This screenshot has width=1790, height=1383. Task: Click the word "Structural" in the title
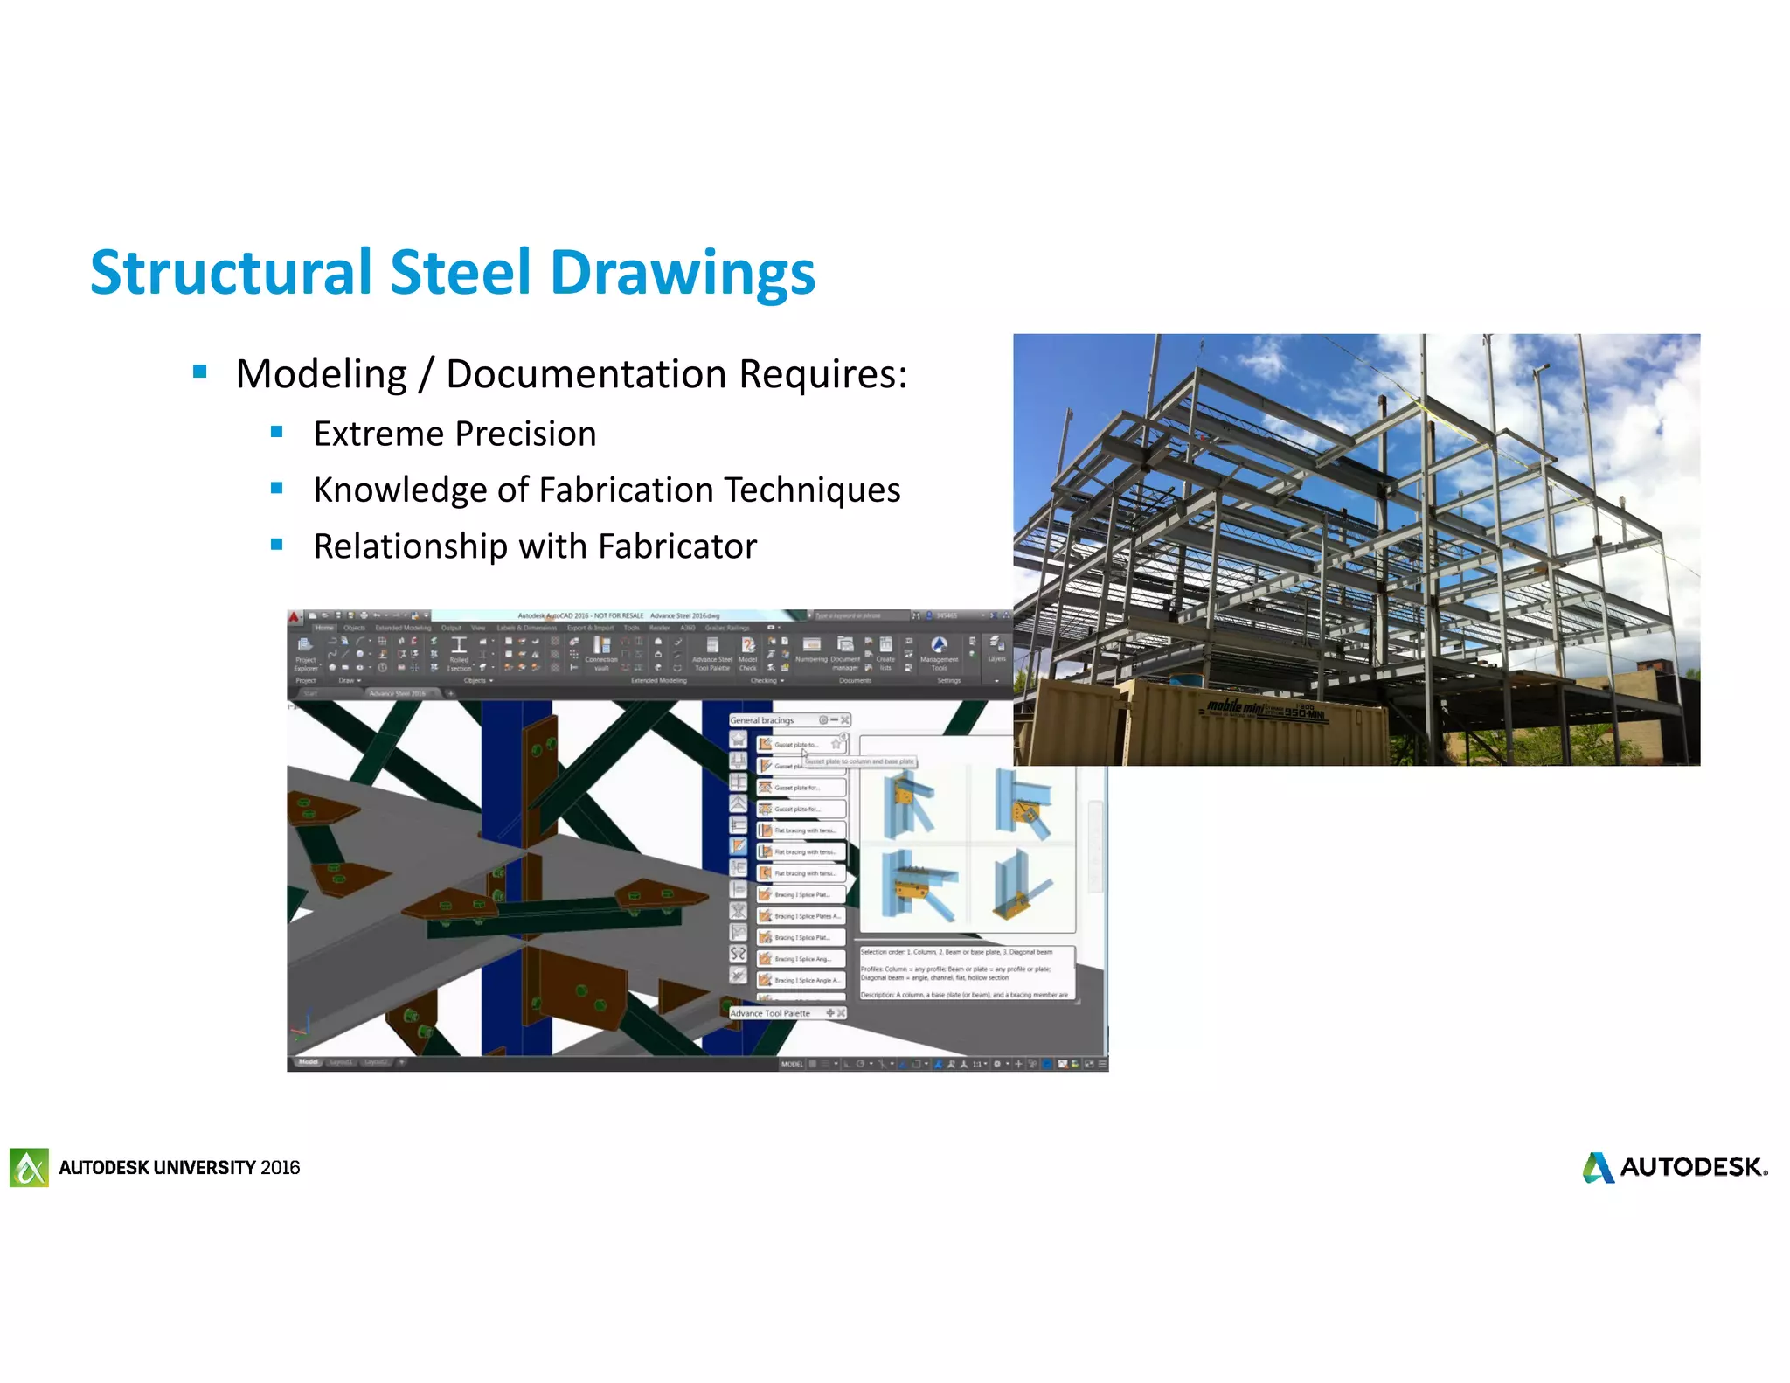[231, 273]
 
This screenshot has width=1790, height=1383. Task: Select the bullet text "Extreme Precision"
[454, 434]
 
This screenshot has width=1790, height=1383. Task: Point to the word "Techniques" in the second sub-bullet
[812, 490]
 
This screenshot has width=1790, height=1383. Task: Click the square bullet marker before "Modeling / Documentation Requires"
[200, 372]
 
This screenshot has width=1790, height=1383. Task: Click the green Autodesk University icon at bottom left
[29, 1167]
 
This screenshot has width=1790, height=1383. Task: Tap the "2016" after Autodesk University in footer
[280, 1168]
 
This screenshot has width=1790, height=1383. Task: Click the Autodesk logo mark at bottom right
[1598, 1167]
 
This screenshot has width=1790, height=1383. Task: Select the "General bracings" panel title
[762, 720]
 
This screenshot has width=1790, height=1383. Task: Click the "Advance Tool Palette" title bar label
[770, 1013]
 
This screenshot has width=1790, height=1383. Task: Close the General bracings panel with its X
[845, 720]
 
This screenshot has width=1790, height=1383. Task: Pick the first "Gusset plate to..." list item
[796, 745]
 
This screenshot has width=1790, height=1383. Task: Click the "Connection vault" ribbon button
[601, 652]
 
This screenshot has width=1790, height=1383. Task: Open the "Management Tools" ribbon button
[939, 652]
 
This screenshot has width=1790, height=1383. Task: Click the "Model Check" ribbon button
[748, 652]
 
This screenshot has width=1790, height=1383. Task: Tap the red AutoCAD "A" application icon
[295, 615]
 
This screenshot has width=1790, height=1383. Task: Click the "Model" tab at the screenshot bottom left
[309, 1062]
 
